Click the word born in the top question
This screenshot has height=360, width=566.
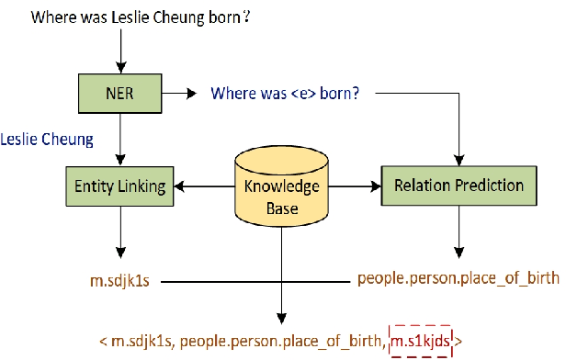(226, 17)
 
